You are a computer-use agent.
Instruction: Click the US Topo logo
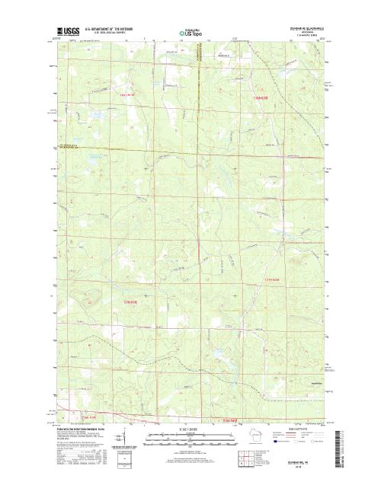(x=190, y=34)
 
